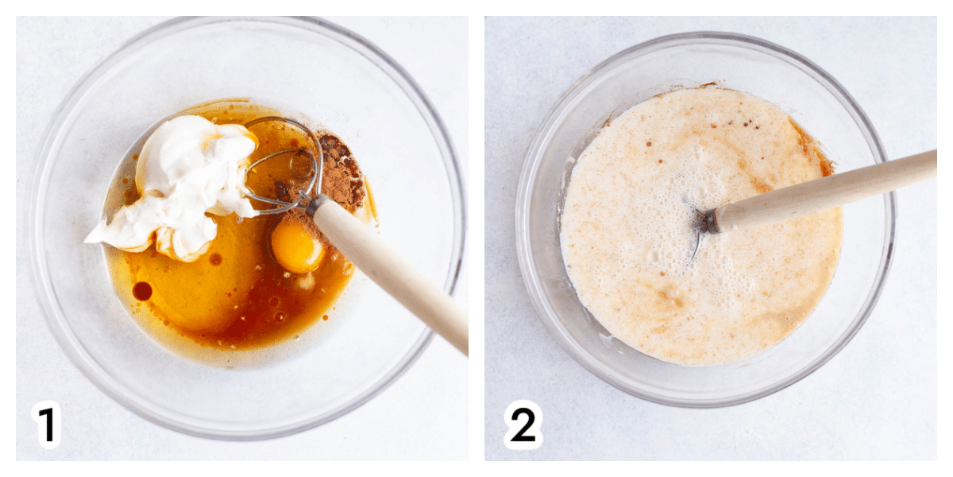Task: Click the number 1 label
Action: click(46, 424)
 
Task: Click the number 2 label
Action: click(523, 425)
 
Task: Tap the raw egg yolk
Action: click(296, 249)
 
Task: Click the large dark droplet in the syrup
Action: click(142, 291)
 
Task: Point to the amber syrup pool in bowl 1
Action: click(226, 289)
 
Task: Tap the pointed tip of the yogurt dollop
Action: click(87, 242)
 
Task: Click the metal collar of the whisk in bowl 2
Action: click(708, 222)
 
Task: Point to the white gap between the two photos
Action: click(476, 238)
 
